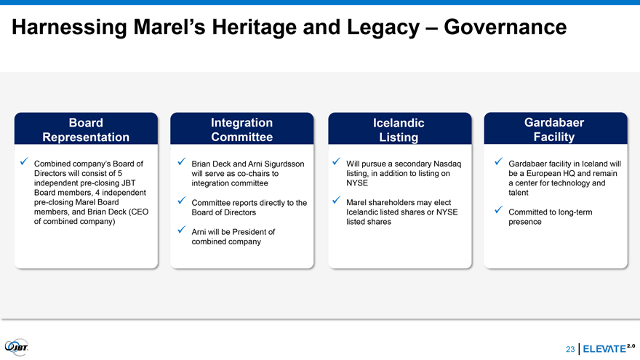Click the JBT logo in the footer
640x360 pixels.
[16, 348]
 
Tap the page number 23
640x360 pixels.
[570, 349]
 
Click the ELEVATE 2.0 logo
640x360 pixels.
[609, 348]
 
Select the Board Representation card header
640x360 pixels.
[86, 129]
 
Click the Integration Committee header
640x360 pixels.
[242, 129]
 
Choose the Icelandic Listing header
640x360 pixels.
[399, 129]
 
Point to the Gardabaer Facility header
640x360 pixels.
[556, 129]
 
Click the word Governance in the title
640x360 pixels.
[505, 28]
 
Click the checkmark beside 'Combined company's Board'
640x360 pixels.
[24, 161]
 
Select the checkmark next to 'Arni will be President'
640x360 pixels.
[182, 230]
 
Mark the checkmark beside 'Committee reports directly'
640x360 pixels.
[182, 201]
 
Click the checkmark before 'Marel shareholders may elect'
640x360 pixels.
[336, 201]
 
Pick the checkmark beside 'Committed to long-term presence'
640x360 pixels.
[498, 209]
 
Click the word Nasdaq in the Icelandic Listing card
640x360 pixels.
[447, 164]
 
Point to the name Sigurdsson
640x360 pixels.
[284, 164]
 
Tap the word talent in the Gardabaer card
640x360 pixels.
[519, 193]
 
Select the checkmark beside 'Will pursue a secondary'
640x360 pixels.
[336, 161]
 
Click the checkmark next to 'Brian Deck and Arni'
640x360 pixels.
[182, 162]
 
